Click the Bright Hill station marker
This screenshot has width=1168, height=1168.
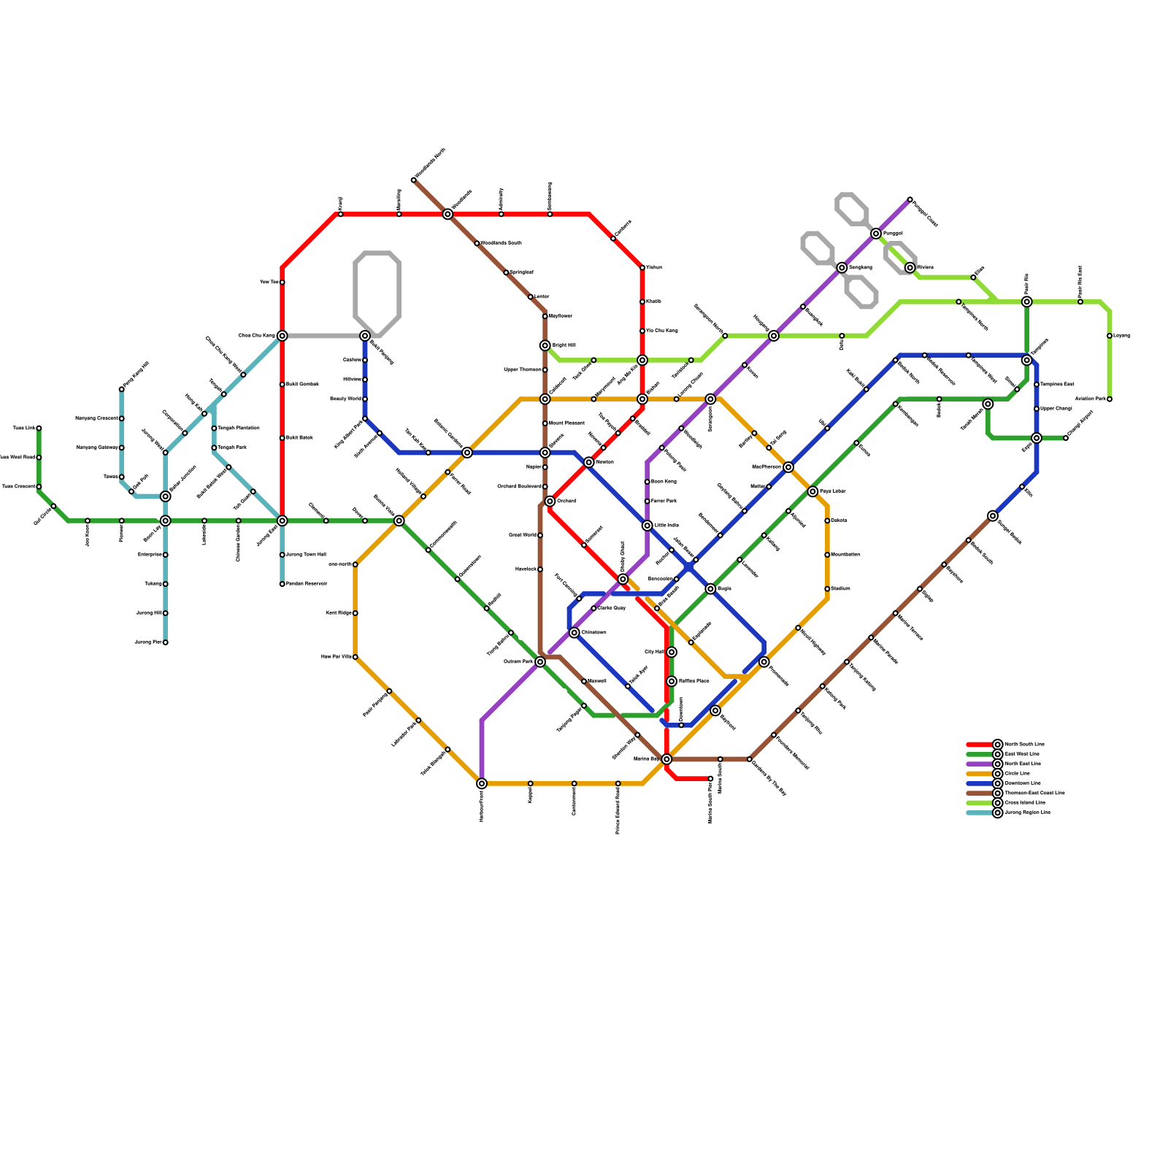[x=545, y=345]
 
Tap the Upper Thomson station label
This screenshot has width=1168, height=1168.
[x=523, y=370]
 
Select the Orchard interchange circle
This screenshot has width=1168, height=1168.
[x=550, y=502]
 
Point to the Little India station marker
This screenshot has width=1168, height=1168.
[x=647, y=526]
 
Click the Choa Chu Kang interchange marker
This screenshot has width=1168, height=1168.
[x=282, y=336]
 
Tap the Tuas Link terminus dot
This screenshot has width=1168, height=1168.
[x=39, y=429]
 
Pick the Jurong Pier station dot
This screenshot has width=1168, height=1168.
[x=166, y=642]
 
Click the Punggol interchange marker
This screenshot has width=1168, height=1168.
[x=876, y=234]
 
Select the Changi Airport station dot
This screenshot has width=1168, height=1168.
[x=1066, y=438]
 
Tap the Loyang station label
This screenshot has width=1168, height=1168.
[x=1121, y=336]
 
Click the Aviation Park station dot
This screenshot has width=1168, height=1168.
[x=1110, y=399]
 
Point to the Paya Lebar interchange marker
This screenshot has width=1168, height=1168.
[x=812, y=491]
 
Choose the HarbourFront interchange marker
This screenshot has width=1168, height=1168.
[x=482, y=783]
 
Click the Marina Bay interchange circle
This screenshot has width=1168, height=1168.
[x=666, y=759]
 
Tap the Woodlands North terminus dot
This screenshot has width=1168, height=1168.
[x=413, y=180]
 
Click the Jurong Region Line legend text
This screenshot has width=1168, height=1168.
[x=1027, y=812]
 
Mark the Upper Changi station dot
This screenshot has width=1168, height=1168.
[x=1037, y=409]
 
